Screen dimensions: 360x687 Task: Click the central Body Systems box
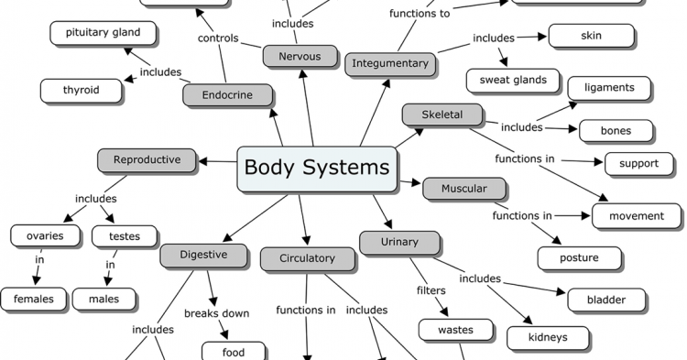(317, 169)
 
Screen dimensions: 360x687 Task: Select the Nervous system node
(300, 56)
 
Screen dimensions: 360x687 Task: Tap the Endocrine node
(228, 94)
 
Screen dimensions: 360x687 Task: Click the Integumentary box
(389, 63)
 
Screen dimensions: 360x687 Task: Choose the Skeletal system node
(442, 115)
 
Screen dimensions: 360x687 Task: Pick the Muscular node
(464, 189)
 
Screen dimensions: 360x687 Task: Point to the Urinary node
(399, 242)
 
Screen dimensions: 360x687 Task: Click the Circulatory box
(307, 258)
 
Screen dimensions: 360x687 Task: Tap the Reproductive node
(147, 160)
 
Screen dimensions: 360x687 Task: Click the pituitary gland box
(103, 33)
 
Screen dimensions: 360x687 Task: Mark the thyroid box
(82, 90)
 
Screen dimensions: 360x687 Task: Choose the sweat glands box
(513, 80)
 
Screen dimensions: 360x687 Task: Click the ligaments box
(609, 88)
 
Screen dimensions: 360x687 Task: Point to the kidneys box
(549, 337)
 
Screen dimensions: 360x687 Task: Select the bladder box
(607, 299)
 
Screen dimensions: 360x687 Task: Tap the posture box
(580, 257)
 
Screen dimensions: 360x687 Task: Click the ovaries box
(44, 235)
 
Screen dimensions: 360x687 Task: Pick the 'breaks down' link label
(216, 313)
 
